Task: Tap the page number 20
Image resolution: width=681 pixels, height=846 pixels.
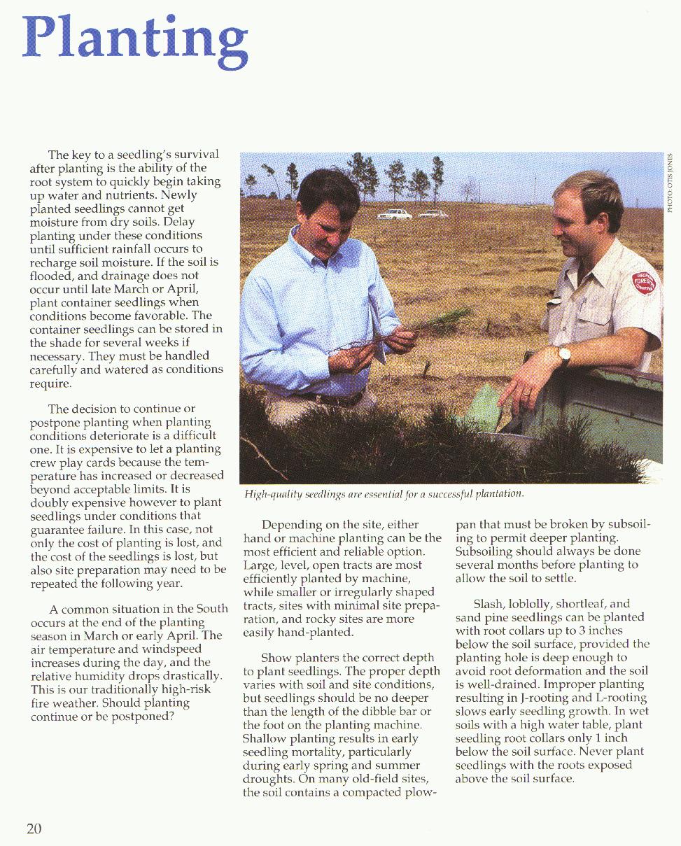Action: point(34,829)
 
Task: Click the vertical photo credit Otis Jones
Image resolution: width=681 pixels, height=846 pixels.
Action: point(670,183)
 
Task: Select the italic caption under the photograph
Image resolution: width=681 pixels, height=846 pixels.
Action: point(384,494)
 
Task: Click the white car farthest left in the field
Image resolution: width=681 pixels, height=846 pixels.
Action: point(395,214)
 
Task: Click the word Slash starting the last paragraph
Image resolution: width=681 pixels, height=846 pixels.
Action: point(488,604)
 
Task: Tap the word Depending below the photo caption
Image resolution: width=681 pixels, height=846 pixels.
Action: point(291,525)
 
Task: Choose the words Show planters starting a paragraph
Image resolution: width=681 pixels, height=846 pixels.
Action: point(301,658)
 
